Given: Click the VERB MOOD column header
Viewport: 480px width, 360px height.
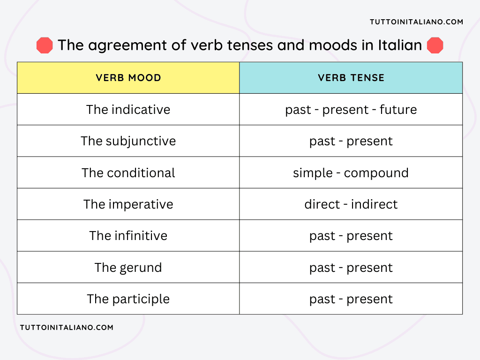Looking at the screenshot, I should coord(128,78).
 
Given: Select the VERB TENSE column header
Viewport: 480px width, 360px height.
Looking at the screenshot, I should coord(351,78).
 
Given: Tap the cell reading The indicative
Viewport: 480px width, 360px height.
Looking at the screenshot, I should coord(128,110).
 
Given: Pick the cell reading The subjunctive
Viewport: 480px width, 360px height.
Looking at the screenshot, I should coord(128,141).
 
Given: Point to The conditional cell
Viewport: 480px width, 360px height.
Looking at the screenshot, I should coord(128,173).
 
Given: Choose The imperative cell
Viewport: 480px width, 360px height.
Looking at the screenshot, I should coord(128,204).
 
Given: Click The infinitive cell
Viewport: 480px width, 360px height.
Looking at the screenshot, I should coord(128,236).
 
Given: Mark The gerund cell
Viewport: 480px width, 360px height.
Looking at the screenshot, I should coord(128,268).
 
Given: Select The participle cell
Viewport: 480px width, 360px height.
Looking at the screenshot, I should coord(128,299).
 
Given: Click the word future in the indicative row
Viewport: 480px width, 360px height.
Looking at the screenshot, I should coord(398,110).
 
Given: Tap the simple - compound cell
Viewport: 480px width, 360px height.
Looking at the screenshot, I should coord(351,173).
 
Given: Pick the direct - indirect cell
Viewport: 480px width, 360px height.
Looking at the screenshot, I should coord(351,204).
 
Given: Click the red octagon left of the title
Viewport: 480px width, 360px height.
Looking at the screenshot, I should coord(45,45).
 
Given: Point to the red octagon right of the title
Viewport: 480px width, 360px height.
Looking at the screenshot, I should coord(435,45).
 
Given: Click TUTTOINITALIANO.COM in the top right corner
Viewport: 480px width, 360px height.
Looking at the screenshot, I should coord(416,22).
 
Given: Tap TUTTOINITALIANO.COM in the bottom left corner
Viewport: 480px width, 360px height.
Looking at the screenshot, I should coord(67,328).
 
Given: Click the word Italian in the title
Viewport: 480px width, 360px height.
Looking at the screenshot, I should coord(400,45).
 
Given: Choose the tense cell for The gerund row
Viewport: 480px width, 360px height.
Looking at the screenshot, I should coord(351,268).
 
